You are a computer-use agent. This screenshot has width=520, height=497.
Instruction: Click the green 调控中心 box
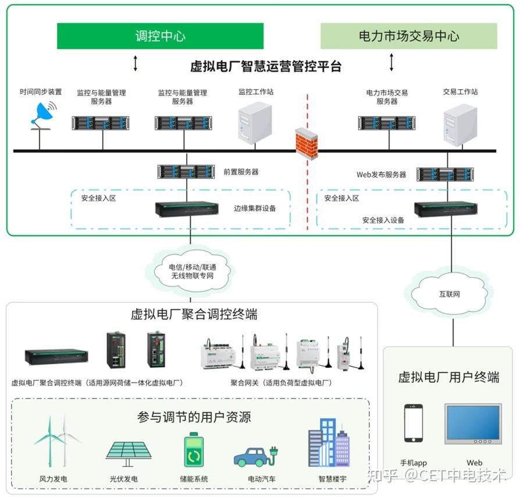(160, 36)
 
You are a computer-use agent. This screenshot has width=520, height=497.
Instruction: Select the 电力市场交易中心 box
(408, 36)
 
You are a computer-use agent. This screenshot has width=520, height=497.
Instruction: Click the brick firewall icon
(307, 143)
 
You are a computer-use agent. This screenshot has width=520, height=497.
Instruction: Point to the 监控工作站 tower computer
(255, 122)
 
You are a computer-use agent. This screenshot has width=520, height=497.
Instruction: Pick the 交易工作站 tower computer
(460, 125)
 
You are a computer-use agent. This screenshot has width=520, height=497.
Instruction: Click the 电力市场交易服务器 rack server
(387, 124)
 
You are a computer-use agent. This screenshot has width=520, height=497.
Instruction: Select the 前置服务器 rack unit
(186, 171)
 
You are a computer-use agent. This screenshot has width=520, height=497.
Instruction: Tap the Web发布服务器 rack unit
(445, 174)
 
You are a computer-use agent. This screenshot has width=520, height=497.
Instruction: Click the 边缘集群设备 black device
(187, 209)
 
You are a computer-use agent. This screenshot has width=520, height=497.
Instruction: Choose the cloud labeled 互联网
(450, 293)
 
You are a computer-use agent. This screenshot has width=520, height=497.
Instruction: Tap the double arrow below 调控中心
(136, 63)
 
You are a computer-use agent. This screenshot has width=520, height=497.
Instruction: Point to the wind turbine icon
(56, 441)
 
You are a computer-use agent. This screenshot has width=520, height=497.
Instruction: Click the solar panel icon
(129, 454)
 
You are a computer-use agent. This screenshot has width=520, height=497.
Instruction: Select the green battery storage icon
(194, 449)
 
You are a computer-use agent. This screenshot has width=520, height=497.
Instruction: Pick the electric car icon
(256, 457)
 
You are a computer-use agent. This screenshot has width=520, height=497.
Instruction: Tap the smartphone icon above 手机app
(414, 423)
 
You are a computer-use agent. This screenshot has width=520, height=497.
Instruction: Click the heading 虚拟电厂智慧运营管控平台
(266, 66)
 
